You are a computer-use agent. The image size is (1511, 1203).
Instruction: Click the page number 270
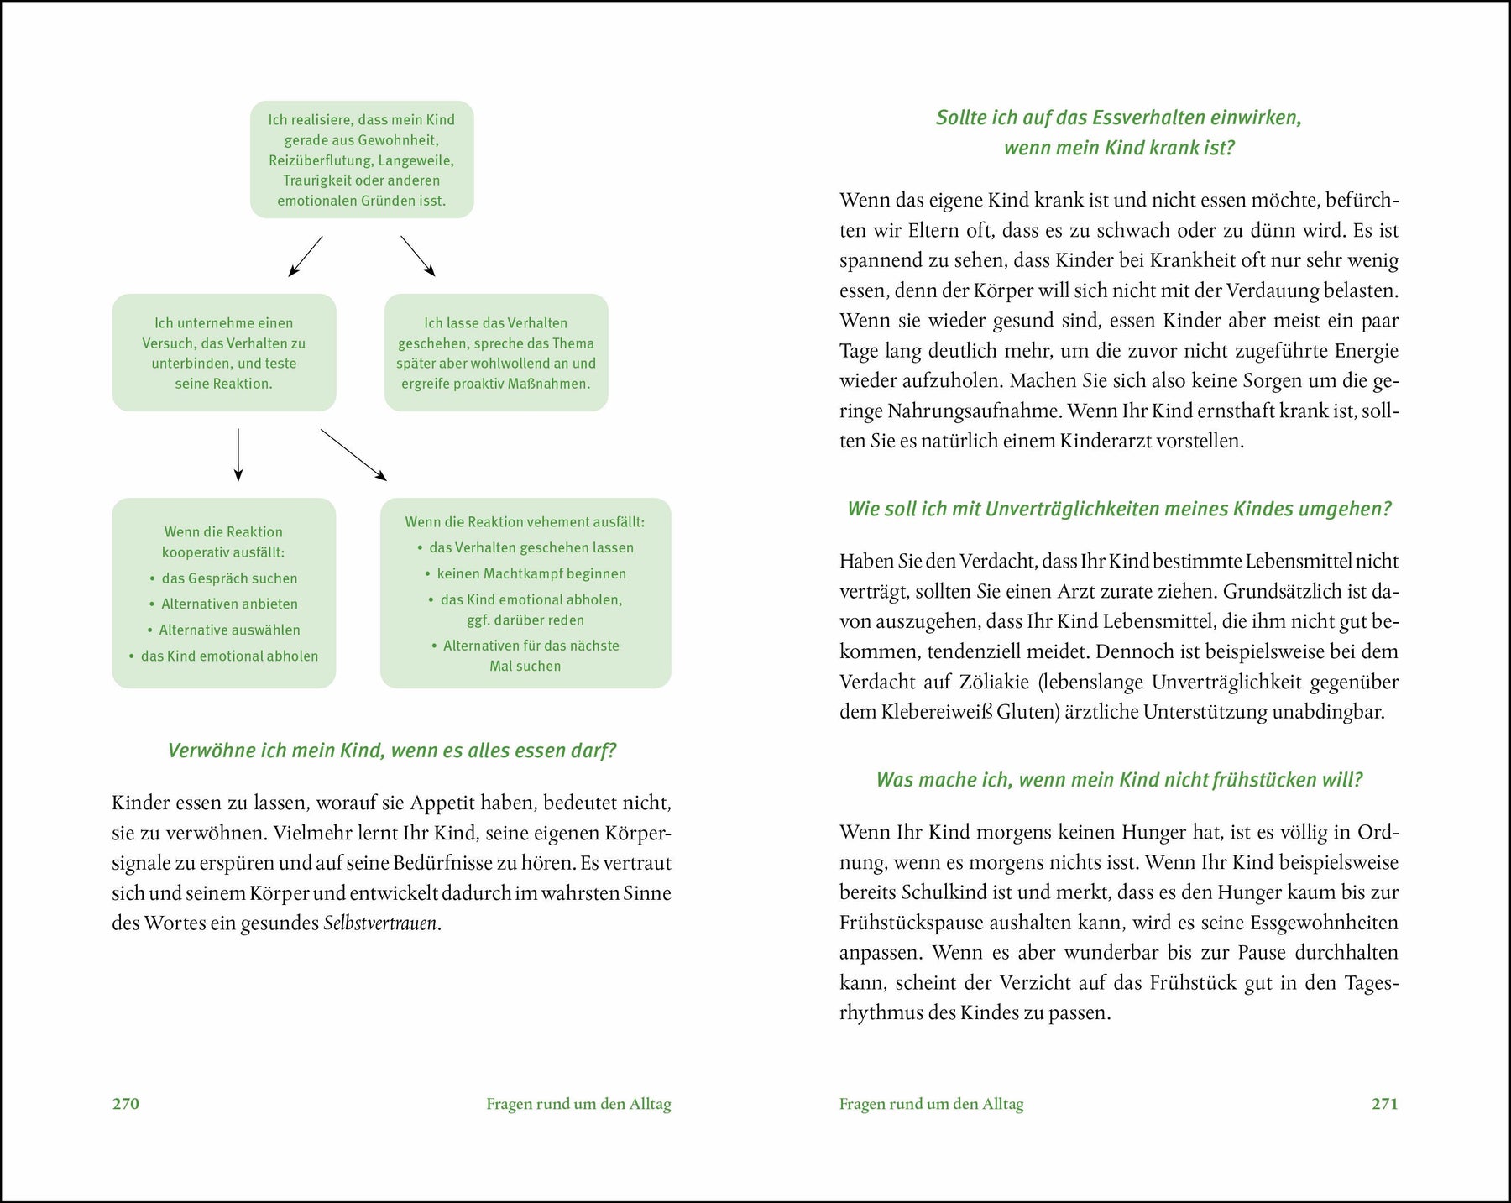click(x=126, y=1104)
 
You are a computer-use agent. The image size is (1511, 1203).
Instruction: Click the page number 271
click(x=1384, y=1104)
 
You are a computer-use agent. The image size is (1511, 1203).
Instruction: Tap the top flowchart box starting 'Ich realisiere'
click(x=362, y=160)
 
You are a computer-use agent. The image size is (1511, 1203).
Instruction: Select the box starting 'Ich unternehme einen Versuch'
click(x=224, y=353)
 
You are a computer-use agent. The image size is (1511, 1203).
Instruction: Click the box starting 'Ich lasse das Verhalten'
click(x=496, y=353)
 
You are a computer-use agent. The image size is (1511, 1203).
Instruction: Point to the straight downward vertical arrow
click(x=238, y=454)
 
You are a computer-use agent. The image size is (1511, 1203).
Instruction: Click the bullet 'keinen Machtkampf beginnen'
click(x=531, y=573)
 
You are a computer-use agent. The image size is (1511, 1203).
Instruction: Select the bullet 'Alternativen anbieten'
click(x=229, y=604)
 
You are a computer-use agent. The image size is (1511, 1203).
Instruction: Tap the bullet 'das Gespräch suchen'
click(x=229, y=578)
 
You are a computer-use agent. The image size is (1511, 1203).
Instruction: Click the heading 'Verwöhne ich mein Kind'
click(x=392, y=751)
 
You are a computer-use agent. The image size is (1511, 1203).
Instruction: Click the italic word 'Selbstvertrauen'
click(x=381, y=923)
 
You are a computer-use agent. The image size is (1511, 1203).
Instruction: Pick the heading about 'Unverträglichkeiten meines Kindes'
click(x=1119, y=509)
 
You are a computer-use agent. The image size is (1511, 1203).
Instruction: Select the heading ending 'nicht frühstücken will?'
click(x=1119, y=780)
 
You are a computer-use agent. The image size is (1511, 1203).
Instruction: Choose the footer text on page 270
click(x=578, y=1104)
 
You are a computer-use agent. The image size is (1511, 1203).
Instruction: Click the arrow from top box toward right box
click(x=417, y=255)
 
